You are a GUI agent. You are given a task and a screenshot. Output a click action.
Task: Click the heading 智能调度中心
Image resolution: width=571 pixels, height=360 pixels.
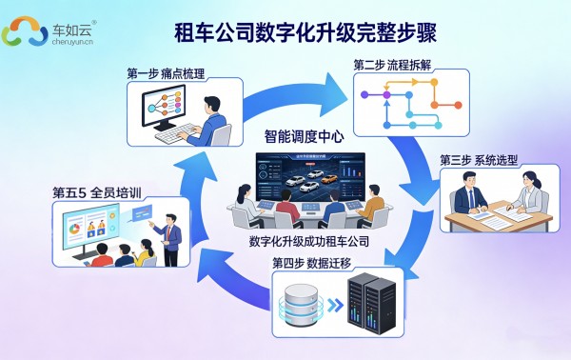tap(304, 136)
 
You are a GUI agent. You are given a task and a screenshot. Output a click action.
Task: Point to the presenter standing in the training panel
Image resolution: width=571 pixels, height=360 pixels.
tap(168, 231)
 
